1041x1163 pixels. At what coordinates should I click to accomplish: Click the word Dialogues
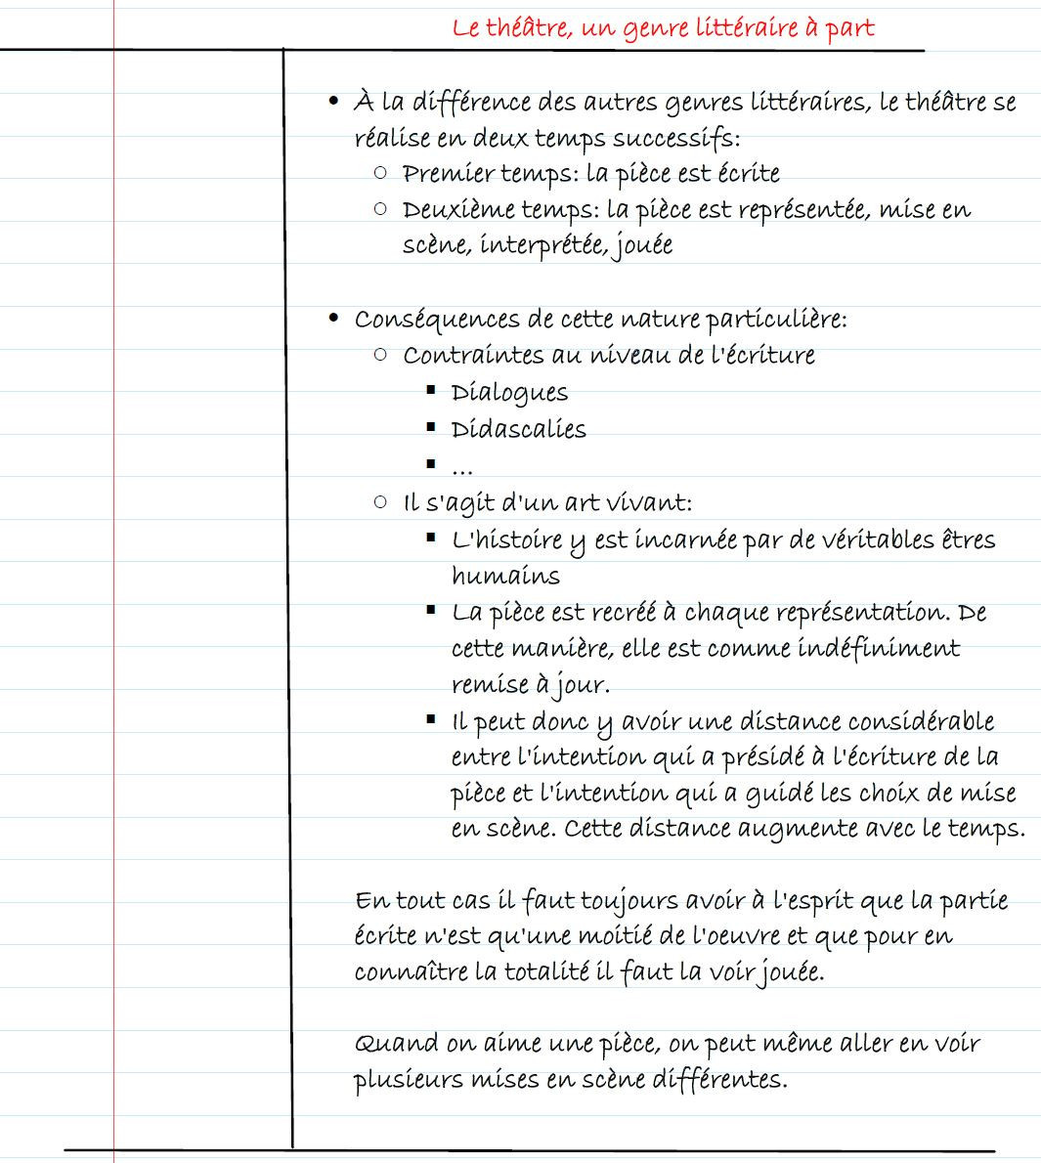(x=509, y=393)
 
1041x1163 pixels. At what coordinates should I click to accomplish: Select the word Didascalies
(x=519, y=430)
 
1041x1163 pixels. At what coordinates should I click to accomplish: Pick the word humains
(x=505, y=576)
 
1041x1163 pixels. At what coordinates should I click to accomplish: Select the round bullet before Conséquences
(x=334, y=319)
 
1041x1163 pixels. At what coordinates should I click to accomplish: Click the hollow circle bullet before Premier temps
(x=380, y=173)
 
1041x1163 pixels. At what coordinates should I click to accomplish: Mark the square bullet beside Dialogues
(x=430, y=390)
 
